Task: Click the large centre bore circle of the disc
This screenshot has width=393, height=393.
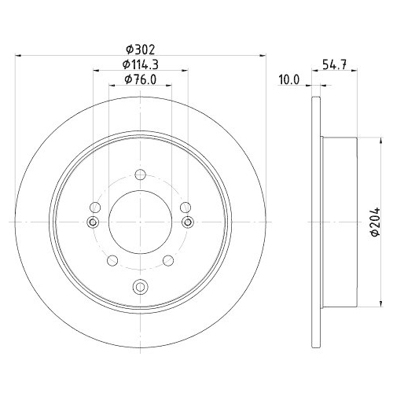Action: tap(140, 222)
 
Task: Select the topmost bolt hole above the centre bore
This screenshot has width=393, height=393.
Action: tap(140, 174)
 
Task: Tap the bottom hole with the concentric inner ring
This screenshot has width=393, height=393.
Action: tap(140, 285)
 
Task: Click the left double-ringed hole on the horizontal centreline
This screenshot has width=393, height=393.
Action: tap(94, 223)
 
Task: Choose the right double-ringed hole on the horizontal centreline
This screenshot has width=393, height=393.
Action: tap(186, 223)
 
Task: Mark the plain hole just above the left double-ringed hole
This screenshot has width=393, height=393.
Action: tap(94, 208)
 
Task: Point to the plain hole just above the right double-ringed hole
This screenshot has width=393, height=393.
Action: tap(185, 208)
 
